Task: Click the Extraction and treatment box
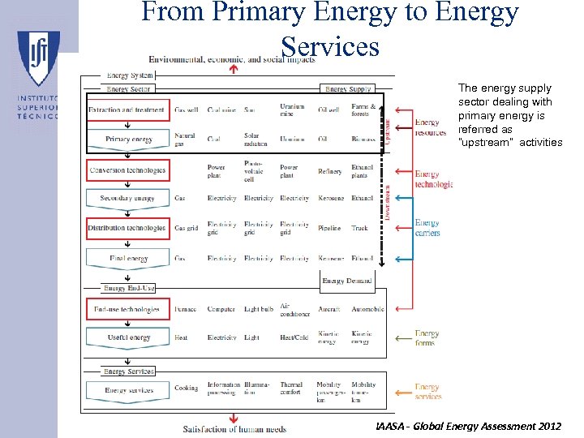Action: (x=127, y=109)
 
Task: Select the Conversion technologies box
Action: (x=127, y=170)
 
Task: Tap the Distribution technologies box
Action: (x=127, y=228)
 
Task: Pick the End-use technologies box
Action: (x=127, y=309)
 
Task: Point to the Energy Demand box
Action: (x=347, y=281)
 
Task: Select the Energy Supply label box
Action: (x=348, y=89)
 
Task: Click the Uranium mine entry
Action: (x=292, y=109)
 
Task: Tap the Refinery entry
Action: (x=330, y=171)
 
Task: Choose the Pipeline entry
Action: (x=330, y=229)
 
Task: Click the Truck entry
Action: (x=359, y=229)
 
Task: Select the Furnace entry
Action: (x=186, y=309)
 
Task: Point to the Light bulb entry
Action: (x=259, y=309)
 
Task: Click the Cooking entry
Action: (x=186, y=388)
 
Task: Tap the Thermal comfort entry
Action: (x=291, y=389)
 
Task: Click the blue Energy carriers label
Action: (x=427, y=228)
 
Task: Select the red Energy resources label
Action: (x=430, y=127)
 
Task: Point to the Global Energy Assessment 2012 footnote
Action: (x=468, y=426)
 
